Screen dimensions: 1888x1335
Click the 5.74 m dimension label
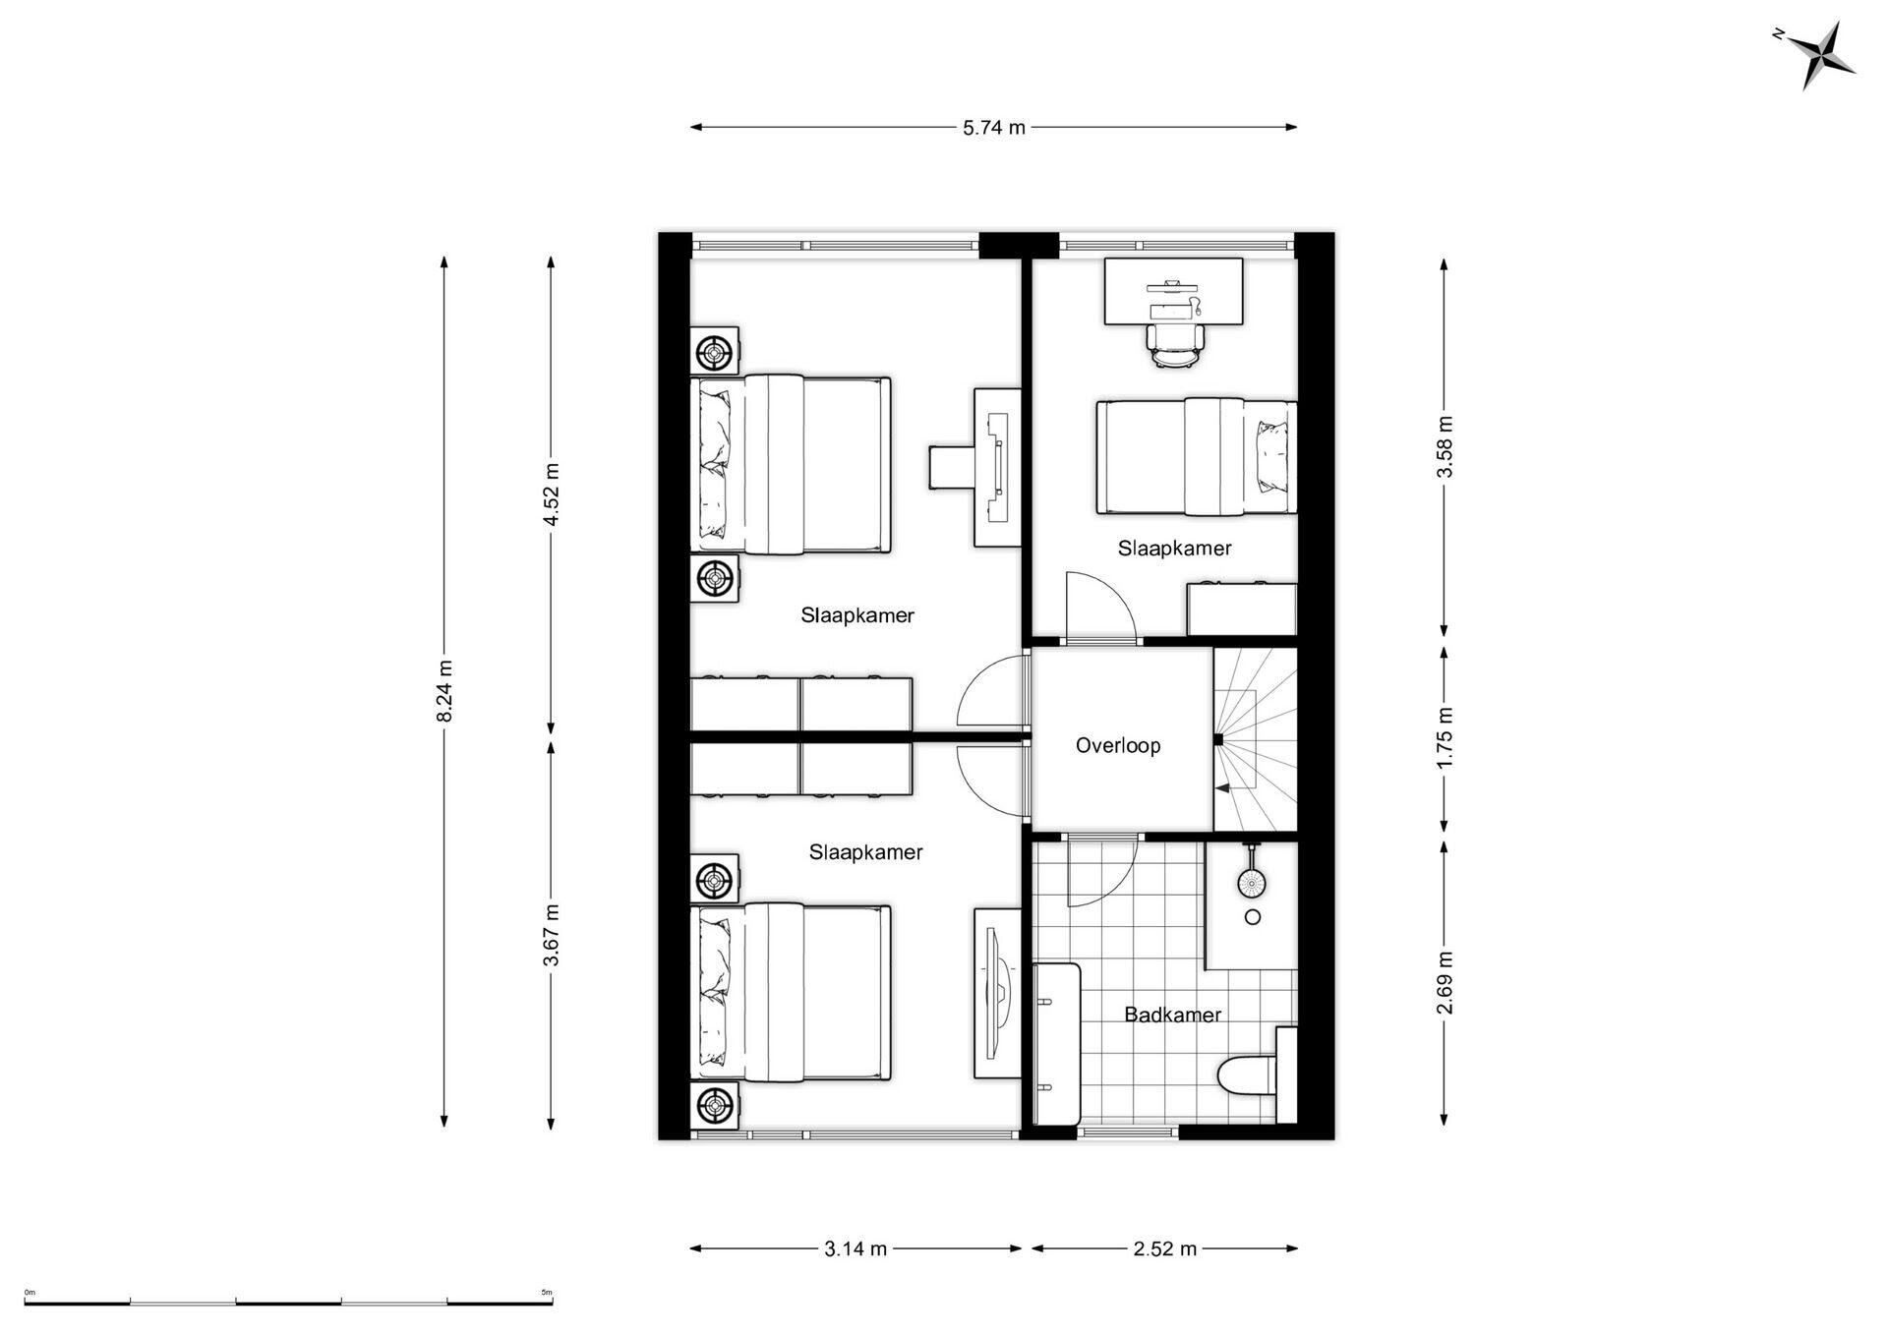click(994, 127)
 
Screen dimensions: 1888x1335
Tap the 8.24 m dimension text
click(444, 690)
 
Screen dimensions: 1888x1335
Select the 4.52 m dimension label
click(552, 493)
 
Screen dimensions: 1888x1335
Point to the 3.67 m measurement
click(552, 935)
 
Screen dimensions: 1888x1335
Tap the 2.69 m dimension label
click(1445, 982)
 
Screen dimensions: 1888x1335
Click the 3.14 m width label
click(855, 1249)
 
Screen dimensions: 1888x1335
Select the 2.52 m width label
click(1165, 1249)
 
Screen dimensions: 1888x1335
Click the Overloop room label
click(1118, 745)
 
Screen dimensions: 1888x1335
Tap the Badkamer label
click(1172, 1015)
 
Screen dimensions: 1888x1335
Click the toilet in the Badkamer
click(1246, 1075)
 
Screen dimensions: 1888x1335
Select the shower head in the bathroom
click(1251, 882)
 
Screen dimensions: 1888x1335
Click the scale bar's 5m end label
click(547, 1293)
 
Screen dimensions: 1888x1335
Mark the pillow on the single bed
click(1272, 456)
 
